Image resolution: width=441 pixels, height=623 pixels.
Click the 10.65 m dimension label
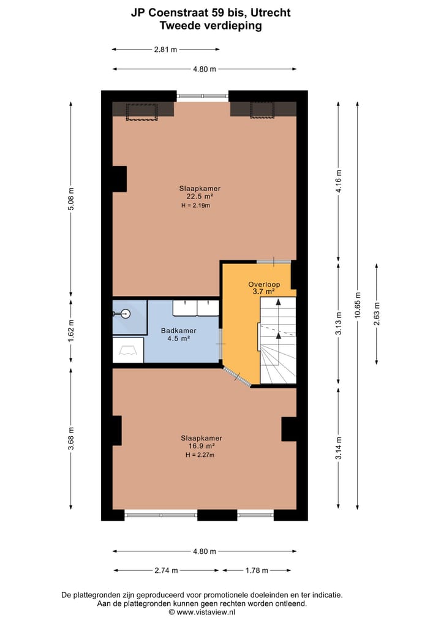[358, 304]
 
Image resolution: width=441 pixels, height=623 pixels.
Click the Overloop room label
[264, 284]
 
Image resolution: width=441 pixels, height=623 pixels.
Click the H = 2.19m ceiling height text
[196, 206]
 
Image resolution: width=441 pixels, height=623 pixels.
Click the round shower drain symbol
[126, 314]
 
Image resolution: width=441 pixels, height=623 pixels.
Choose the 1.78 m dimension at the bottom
[256, 570]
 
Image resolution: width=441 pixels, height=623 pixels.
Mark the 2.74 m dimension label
[165, 570]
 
